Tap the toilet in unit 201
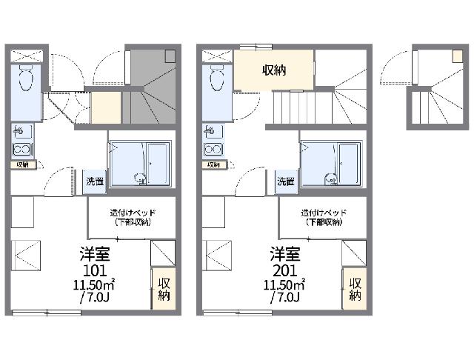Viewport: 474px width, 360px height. (x=217, y=79)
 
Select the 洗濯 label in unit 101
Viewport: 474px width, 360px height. (x=94, y=181)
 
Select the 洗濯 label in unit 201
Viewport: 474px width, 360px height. (x=285, y=181)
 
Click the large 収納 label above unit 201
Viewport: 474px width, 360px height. (x=275, y=70)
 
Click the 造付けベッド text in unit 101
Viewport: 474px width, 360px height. (x=133, y=212)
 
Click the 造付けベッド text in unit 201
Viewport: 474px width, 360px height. (x=322, y=212)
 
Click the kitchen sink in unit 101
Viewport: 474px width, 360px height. (x=21, y=132)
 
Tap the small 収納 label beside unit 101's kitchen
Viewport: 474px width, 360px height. (x=21, y=164)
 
